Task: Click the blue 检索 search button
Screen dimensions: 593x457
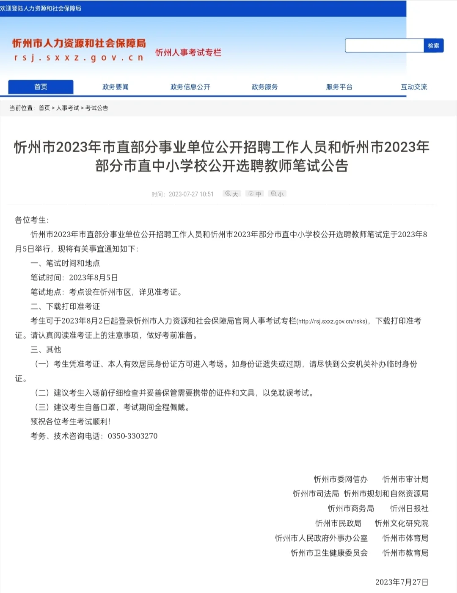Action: [433, 46]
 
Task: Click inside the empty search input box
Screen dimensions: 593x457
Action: [384, 46]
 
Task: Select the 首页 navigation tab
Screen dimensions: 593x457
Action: [41, 87]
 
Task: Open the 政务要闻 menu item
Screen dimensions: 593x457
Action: [115, 87]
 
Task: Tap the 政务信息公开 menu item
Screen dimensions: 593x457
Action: [190, 87]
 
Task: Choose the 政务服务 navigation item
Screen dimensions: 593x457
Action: [264, 87]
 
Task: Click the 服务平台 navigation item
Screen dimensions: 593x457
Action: [339, 87]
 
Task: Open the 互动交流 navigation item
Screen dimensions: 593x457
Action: [414, 87]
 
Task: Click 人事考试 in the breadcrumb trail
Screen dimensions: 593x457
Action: [68, 108]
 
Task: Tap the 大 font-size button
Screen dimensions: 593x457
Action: [231, 194]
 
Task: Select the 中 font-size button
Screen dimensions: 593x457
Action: [255, 194]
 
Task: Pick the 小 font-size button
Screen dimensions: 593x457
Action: [277, 194]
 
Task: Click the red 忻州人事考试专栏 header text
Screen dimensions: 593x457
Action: [188, 53]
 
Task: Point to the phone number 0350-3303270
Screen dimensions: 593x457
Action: [132, 436]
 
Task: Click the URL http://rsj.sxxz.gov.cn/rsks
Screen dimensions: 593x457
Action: [333, 321]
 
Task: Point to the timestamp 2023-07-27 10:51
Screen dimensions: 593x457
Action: [191, 194]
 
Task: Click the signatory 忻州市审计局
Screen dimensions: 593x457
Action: [405, 479]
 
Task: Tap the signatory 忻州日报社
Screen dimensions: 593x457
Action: [409, 508]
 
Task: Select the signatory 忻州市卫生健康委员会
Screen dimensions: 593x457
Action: [329, 553]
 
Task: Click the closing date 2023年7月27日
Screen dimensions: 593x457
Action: [402, 582]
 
